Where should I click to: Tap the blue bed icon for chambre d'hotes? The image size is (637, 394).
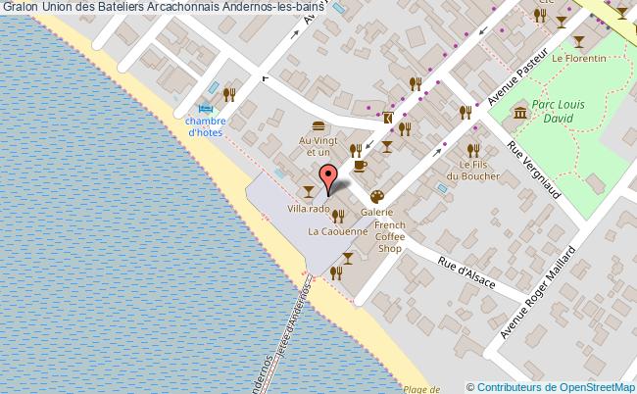pyautogui.click(x=206, y=109)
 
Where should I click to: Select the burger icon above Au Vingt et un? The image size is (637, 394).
pyautogui.click(x=317, y=126)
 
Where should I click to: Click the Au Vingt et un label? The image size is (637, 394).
pyautogui.click(x=315, y=146)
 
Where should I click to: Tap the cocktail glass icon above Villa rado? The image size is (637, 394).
pyautogui.click(x=310, y=189)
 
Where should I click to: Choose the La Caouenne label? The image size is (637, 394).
pyautogui.click(x=338, y=232)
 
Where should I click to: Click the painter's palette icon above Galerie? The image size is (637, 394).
pyautogui.click(x=376, y=196)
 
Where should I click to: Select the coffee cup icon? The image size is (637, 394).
pyautogui.click(x=360, y=167)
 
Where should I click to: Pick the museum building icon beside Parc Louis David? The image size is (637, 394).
pyautogui.click(x=519, y=115)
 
